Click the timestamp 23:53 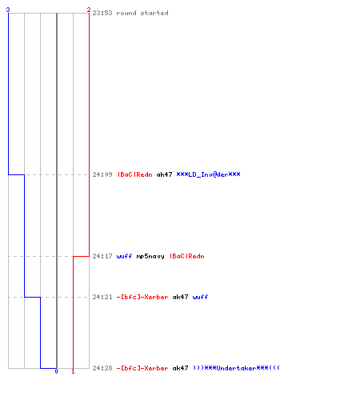coord(102,13)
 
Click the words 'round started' coord(142,13)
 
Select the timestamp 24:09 coord(102,174)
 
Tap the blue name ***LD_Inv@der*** coord(208,174)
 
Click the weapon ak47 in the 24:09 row coord(164,174)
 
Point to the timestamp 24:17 coord(102,256)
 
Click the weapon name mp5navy coord(150,257)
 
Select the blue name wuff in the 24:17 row coord(124,256)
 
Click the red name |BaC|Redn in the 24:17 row coord(187,256)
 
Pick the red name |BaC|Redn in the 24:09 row coord(135,174)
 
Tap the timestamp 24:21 coord(102,297)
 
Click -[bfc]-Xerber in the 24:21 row coord(142,297)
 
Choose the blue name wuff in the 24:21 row coord(200,297)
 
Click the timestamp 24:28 coord(102,368)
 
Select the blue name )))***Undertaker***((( coord(236,368)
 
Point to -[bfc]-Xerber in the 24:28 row coord(142,368)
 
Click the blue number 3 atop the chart coord(8,10)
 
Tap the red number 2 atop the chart coord(89,10)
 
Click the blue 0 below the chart coord(56,371)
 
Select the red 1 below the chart coord(73,371)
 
